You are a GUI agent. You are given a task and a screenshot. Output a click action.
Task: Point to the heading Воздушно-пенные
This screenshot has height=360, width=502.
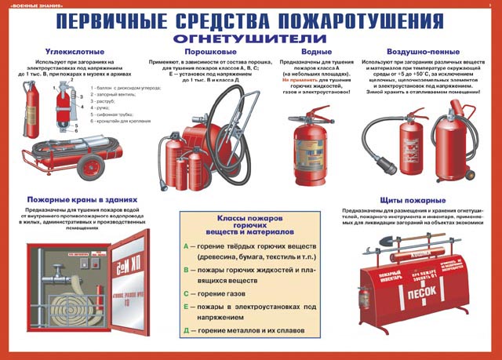[x=418, y=51]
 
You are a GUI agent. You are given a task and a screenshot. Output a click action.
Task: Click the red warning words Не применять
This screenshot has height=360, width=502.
[x=290, y=81]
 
